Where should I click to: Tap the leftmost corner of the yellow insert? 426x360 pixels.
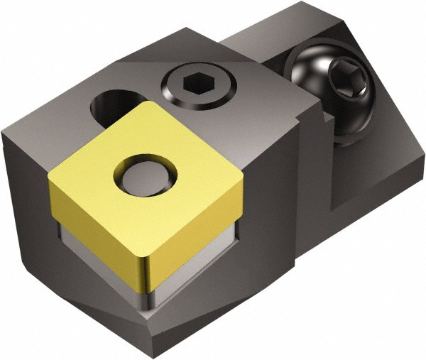[50, 179]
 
